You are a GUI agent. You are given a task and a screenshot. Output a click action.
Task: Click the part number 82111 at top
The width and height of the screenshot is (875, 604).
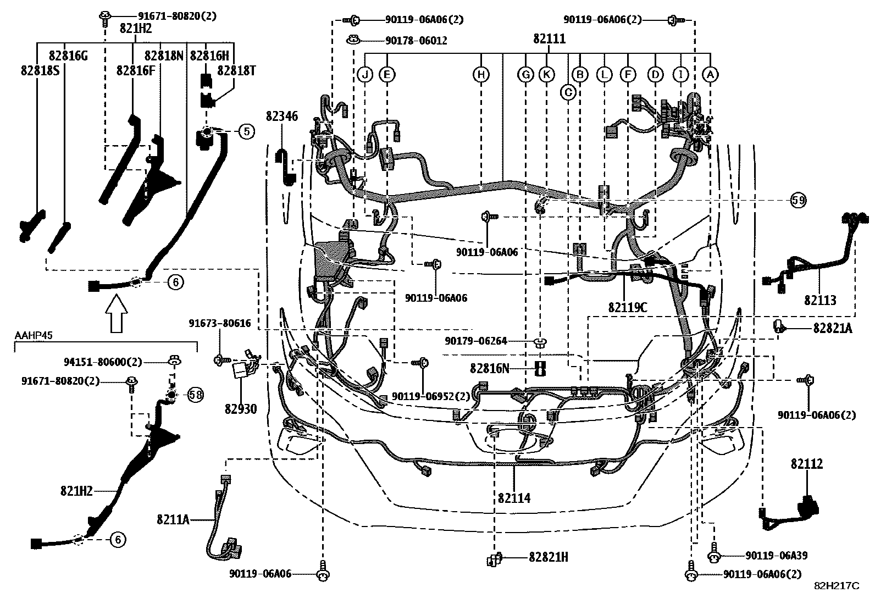549,39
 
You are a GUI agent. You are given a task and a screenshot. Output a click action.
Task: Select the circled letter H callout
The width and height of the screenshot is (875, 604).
481,74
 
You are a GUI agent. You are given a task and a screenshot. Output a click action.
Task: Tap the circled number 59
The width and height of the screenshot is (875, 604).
799,201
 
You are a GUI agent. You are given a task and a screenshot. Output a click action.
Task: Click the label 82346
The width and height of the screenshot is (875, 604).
281,117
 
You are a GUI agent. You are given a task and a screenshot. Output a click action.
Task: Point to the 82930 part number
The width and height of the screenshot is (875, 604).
240,409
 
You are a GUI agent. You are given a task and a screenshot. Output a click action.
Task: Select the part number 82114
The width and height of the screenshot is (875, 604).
514,498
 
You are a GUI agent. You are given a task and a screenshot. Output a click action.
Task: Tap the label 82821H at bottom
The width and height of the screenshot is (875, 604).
548,557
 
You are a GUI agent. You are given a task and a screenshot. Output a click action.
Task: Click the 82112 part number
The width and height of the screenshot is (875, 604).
807,464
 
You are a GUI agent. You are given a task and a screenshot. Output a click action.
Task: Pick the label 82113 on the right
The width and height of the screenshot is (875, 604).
820,300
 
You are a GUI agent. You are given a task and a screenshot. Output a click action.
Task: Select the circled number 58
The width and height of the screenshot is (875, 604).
195,394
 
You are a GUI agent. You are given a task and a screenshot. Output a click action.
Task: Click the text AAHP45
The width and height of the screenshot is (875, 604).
34,336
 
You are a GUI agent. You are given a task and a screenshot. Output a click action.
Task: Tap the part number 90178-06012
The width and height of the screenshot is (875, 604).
416,41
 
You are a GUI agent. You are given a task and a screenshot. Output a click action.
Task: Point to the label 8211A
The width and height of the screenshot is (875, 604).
173,518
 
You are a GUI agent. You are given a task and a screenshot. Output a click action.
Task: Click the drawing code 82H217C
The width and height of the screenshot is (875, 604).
836,586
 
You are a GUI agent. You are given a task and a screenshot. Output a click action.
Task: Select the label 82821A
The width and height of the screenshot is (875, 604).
832,328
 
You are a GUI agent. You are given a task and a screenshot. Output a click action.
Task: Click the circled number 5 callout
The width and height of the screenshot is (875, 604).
246,131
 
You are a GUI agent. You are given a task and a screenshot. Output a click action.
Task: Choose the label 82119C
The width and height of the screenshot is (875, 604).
628,307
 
